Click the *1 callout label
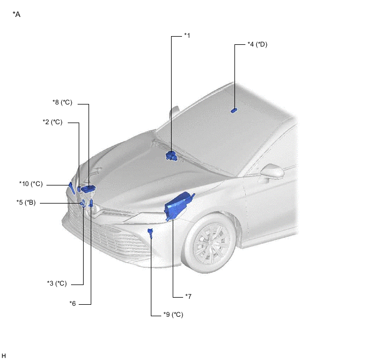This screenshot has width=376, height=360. [187, 36]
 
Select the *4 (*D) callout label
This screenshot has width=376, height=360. [257, 44]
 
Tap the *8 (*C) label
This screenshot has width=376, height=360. [62, 102]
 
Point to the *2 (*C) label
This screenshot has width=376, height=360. [52, 122]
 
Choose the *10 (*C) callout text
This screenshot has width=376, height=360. [31, 184]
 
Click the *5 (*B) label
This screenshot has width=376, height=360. [26, 202]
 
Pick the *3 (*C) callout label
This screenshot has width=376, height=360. [57, 283]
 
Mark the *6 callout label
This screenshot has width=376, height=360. [73, 304]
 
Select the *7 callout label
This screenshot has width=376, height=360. [188, 297]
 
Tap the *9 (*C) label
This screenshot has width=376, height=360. [173, 315]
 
